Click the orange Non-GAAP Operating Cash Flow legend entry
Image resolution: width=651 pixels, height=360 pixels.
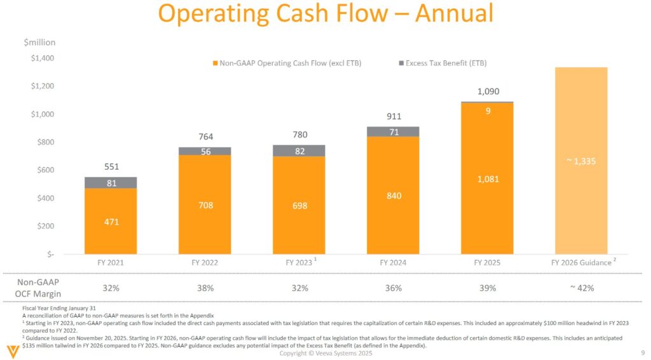coord(286,63)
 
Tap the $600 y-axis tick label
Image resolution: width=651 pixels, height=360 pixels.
coord(42,170)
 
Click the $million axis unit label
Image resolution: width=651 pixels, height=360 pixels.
coord(39,43)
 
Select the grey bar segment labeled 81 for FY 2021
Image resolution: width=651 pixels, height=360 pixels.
coord(111,183)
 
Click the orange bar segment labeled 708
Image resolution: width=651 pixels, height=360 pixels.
coord(205,205)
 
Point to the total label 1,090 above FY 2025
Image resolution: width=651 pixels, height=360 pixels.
coord(487,92)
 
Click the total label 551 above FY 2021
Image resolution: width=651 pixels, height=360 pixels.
coord(111,167)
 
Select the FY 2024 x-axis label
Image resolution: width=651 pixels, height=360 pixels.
coord(393,262)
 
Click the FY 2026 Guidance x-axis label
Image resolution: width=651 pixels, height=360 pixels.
coord(581,262)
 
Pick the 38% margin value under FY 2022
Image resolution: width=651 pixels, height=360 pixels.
coord(205,288)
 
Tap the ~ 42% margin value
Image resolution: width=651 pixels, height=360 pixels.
coord(581,288)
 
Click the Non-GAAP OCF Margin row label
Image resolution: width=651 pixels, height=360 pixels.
coord(41,288)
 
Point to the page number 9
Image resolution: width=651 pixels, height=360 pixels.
coord(641,353)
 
